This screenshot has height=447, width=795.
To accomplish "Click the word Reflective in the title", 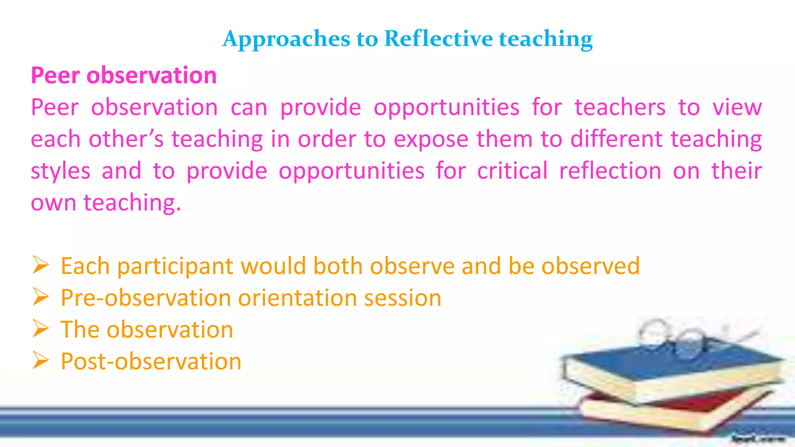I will tap(439, 39).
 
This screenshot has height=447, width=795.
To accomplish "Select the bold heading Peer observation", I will tap(123, 75).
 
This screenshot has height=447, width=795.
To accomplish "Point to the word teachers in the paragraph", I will tap(620, 107).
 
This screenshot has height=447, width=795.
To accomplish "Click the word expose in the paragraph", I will tap(431, 140).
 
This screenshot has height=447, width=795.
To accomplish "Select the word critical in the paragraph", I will tap(512, 171).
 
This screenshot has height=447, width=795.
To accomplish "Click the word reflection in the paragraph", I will tap(610, 171).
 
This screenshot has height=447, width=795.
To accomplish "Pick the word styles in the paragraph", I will tap(61, 172).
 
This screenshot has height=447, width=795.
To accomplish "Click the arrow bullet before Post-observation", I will tap(40, 360).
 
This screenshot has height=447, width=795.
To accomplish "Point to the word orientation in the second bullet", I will tap(297, 298).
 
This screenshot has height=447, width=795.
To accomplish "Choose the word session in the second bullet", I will tap(403, 298).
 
